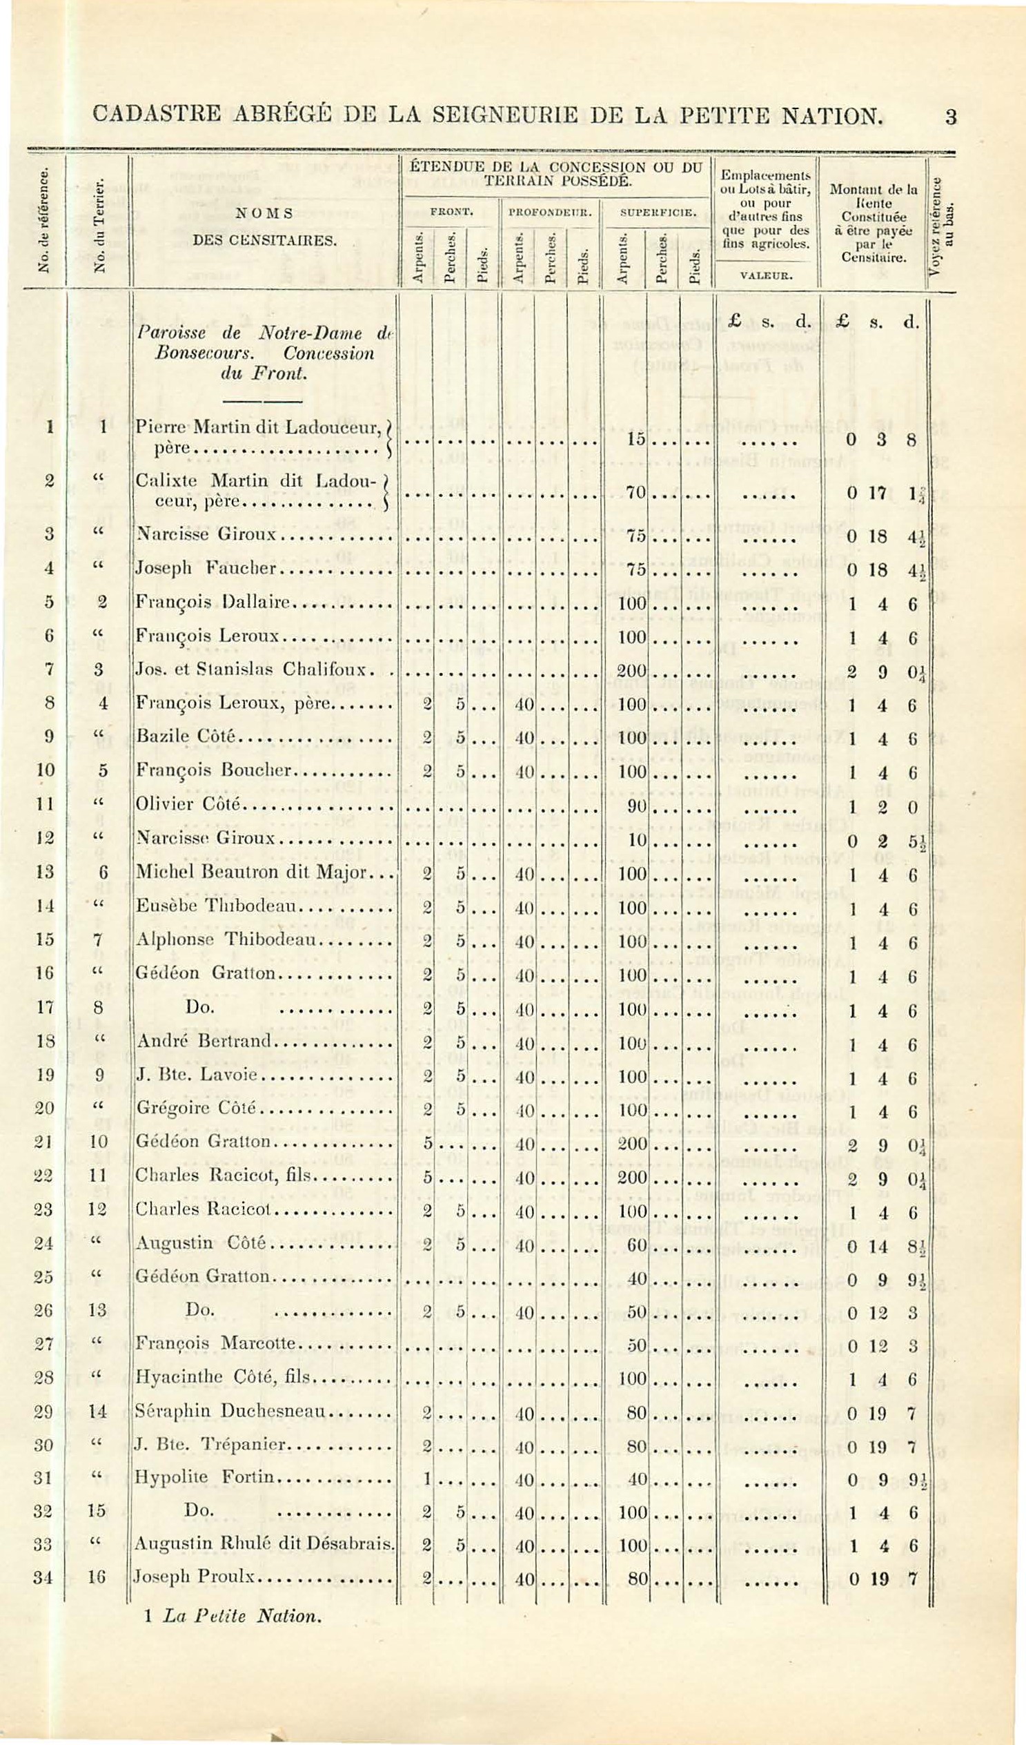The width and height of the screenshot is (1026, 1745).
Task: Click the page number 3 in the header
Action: pyautogui.click(x=951, y=117)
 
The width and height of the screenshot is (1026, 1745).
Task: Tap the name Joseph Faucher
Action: pyautogui.click(x=206, y=569)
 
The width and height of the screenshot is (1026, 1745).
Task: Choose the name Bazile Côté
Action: pyautogui.click(x=186, y=736)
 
